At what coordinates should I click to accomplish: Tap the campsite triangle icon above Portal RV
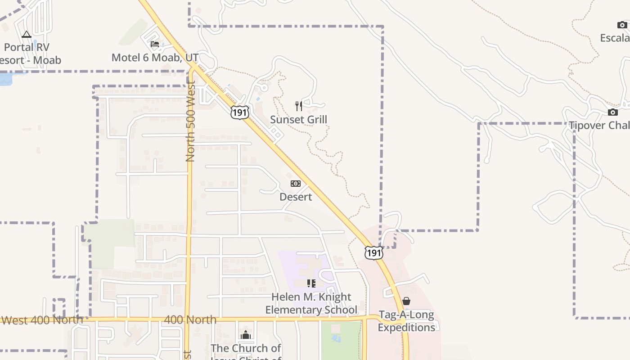(x=27, y=34)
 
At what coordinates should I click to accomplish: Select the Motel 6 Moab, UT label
(x=155, y=58)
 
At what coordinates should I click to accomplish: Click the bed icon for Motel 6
(x=155, y=44)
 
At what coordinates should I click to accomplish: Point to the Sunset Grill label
(x=298, y=119)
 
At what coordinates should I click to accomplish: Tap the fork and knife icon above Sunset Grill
(x=298, y=106)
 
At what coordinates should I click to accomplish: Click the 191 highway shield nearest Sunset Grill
(x=239, y=112)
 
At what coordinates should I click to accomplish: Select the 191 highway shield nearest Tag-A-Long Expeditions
(x=373, y=253)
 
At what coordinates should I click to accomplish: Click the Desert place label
(x=296, y=197)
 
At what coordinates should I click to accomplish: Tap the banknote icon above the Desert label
(x=296, y=184)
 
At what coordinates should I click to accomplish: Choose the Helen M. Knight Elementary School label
(x=311, y=303)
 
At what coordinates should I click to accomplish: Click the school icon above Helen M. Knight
(x=311, y=283)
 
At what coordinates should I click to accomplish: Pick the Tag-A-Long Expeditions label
(x=406, y=321)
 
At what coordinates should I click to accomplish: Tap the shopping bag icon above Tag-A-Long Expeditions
(x=406, y=301)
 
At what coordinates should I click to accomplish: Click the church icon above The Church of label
(x=246, y=335)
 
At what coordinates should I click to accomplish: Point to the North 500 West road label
(x=190, y=121)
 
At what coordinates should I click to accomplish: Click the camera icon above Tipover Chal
(x=612, y=112)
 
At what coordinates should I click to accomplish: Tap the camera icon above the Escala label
(x=622, y=25)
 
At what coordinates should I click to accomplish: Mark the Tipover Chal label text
(x=599, y=125)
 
